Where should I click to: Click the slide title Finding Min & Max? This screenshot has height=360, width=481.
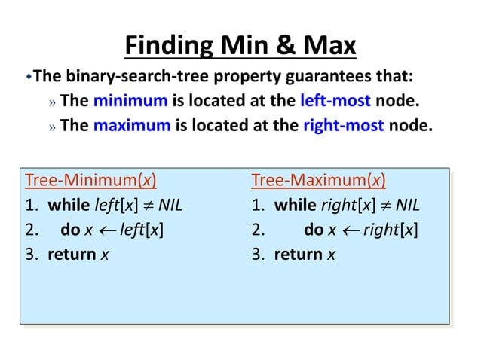tap(240, 47)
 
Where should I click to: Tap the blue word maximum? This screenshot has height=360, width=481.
tap(132, 125)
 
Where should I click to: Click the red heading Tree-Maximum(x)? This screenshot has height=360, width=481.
tap(318, 181)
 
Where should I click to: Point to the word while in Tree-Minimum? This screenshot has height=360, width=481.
tap(68, 206)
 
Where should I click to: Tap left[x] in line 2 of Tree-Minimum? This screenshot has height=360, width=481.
tap(142, 230)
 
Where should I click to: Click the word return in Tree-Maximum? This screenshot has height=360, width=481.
tap(299, 254)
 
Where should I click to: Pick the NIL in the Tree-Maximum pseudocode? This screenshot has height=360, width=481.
tap(406, 206)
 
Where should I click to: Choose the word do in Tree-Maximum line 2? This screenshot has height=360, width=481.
tap(314, 230)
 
